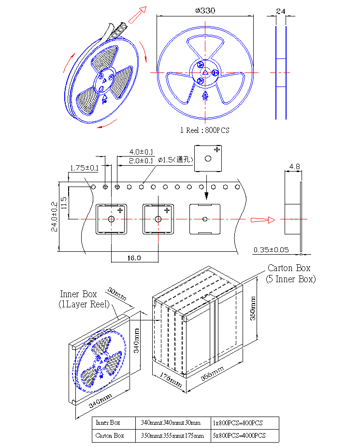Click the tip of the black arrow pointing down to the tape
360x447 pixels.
pyautogui.click(x=206, y=199)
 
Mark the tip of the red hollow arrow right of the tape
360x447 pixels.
pyautogui.click(x=275, y=220)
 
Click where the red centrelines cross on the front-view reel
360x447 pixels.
pyautogui.click(x=205, y=72)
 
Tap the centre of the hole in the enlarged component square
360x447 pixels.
pyautogui.click(x=208, y=159)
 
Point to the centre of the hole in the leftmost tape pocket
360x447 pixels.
pyautogui.click(x=111, y=219)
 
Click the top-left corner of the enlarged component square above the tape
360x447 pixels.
pyautogui.click(x=194, y=145)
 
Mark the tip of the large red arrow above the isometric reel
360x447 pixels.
pyautogui.click(x=146, y=7)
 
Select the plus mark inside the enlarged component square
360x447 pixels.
pyautogui.click(x=217, y=149)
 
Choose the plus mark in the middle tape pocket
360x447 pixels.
pyautogui.click(x=167, y=210)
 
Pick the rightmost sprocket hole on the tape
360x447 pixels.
pyautogui.click(x=237, y=187)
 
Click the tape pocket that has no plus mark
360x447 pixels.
pyautogui.click(x=205, y=219)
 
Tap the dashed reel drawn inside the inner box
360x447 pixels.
pyautogui.click(x=99, y=360)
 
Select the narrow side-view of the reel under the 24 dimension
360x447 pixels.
pyautogui.click(x=281, y=72)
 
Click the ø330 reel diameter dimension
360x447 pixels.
pyautogui.click(x=205, y=11)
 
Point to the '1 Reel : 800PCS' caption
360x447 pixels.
pyautogui.click(x=205, y=130)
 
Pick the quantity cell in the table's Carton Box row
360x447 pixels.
pyautogui.click(x=239, y=435)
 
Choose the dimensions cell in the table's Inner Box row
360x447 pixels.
pyautogui.click(x=171, y=423)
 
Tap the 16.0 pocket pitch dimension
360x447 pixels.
pyautogui.click(x=134, y=258)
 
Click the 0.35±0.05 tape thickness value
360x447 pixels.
pyautogui.click(x=271, y=250)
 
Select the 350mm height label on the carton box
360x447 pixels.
pyautogui.click(x=253, y=308)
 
